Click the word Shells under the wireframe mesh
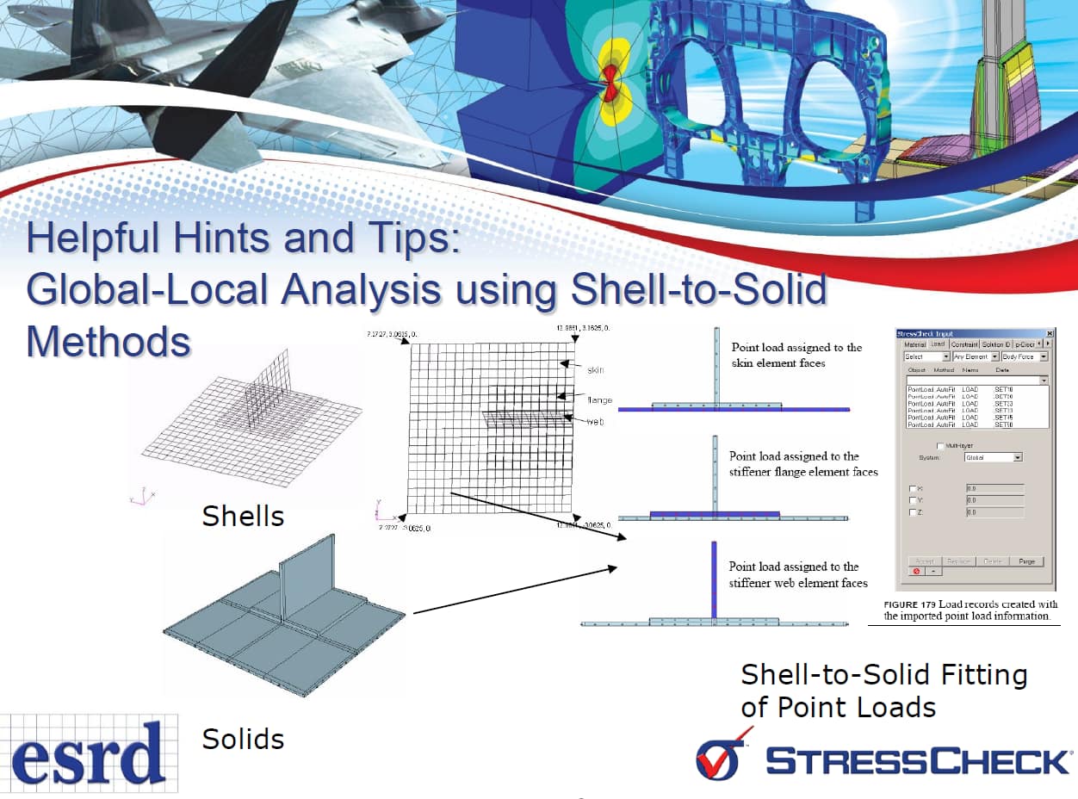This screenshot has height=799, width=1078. coord(243,516)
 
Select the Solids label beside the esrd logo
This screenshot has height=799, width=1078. coord(243,739)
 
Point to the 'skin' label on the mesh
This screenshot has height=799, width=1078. coord(596,369)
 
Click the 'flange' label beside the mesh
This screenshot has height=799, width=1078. coord(600,399)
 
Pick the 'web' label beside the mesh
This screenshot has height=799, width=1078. coord(595,422)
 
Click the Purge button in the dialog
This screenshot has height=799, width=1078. coord(1026,561)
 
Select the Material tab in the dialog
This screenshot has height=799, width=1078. coord(914,344)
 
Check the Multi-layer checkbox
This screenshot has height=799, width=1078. coord(939,445)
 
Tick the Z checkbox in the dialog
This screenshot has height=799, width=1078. coord(914,512)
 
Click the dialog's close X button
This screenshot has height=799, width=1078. coord(1050,333)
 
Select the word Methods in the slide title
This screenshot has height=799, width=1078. coord(108,340)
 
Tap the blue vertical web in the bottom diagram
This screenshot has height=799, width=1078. coord(714,579)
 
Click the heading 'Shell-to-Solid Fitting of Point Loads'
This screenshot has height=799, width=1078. coord(883,691)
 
